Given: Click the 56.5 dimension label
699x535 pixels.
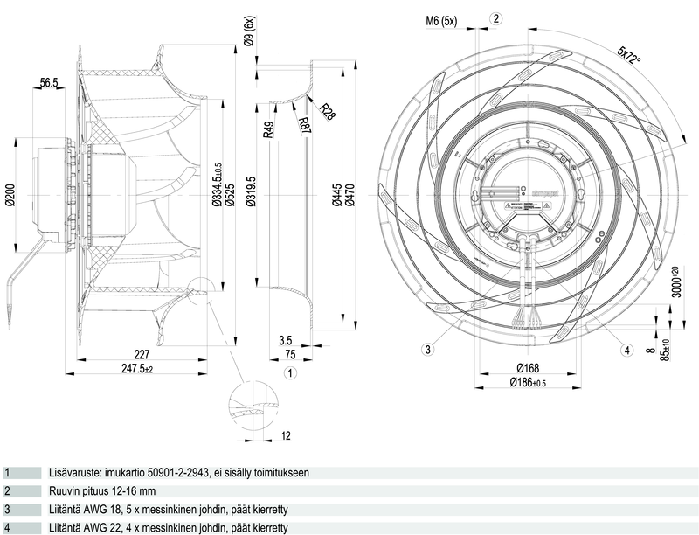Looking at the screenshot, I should point(49,83).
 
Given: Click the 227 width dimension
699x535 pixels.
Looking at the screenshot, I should point(142,355).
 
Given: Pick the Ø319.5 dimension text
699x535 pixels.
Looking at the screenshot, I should point(252,191).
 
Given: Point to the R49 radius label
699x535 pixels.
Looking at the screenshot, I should point(269,131).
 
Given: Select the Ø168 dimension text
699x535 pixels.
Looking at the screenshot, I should point(526,368).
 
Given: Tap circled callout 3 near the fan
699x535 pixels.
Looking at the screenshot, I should point(427,351).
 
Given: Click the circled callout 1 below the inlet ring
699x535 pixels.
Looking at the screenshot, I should point(290,373).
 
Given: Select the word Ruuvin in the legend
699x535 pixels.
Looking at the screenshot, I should point(67,491).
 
